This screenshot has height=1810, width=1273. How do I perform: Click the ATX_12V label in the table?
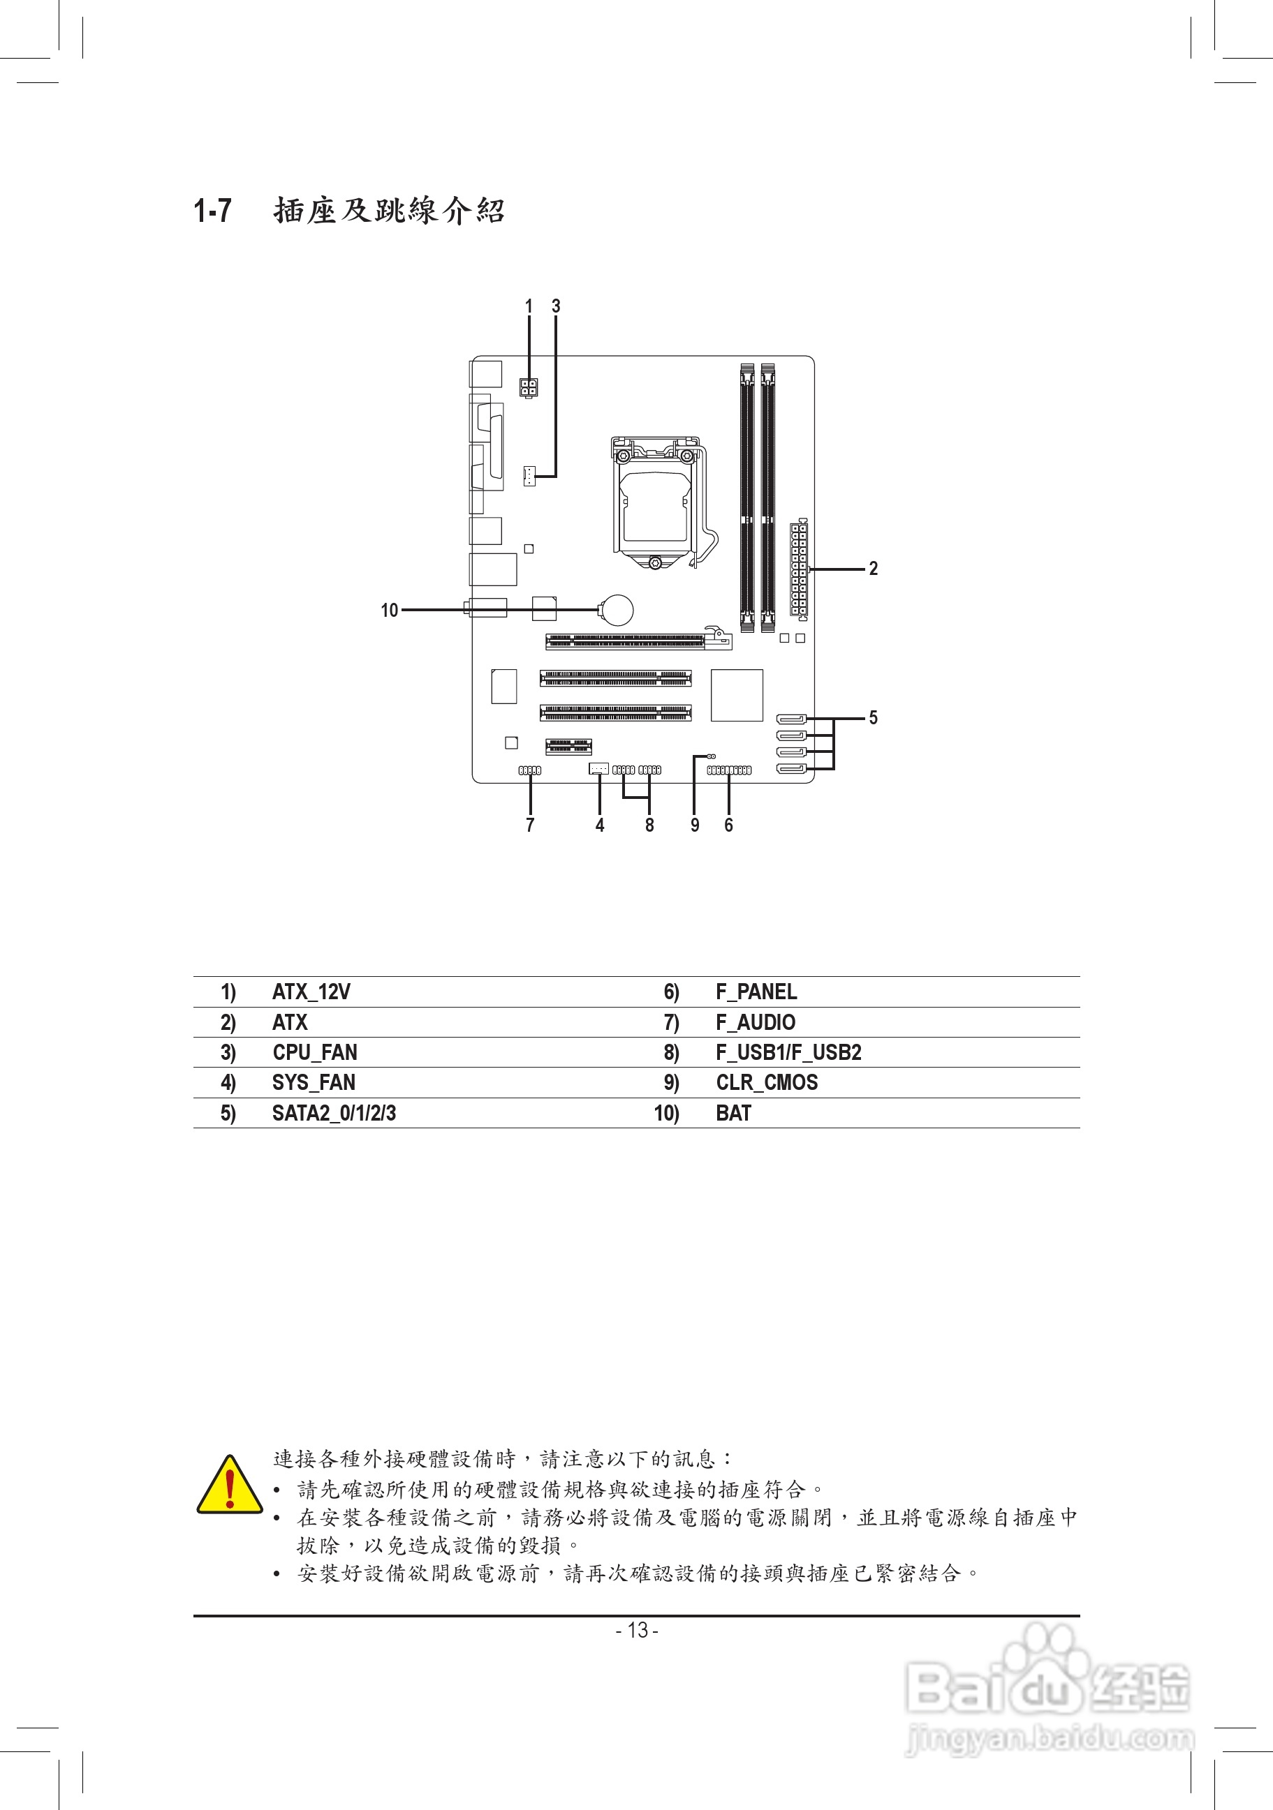[x=311, y=992]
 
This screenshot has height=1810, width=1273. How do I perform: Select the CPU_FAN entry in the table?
[x=315, y=1052]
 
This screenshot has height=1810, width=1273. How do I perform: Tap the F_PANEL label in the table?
[x=756, y=992]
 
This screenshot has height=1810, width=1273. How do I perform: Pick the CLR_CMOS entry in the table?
[x=766, y=1082]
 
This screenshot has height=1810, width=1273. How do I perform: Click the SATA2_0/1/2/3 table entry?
[x=334, y=1113]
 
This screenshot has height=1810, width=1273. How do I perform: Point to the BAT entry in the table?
[x=733, y=1113]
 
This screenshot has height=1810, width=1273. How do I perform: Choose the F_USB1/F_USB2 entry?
[x=788, y=1052]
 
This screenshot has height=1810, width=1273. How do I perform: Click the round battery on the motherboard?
[x=617, y=609]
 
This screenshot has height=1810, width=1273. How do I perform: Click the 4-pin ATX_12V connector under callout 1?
[x=529, y=388]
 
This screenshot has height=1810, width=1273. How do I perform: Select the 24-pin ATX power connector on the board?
[x=798, y=567]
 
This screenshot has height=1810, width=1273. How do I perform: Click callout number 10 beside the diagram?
[x=390, y=610]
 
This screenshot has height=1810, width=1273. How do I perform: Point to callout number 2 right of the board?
[x=873, y=569]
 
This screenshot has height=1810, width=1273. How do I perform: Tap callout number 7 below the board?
[x=530, y=825]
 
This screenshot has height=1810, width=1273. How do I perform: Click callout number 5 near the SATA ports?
[x=873, y=717]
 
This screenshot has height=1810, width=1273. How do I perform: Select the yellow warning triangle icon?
[x=230, y=1486]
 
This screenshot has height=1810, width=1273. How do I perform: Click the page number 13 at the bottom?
[x=637, y=1630]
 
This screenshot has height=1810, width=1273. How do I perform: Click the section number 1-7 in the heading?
[x=213, y=211]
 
